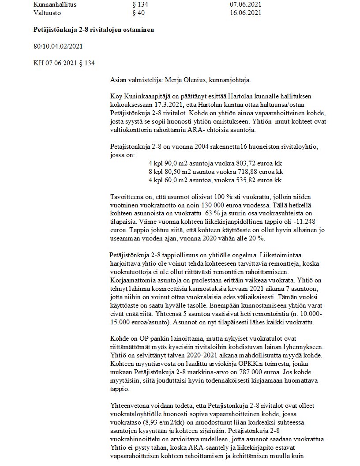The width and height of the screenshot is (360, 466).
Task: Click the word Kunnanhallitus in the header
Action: (55, 4)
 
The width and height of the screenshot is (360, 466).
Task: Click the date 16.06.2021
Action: (245, 13)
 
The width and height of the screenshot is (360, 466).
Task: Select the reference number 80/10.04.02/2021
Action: (58, 46)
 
